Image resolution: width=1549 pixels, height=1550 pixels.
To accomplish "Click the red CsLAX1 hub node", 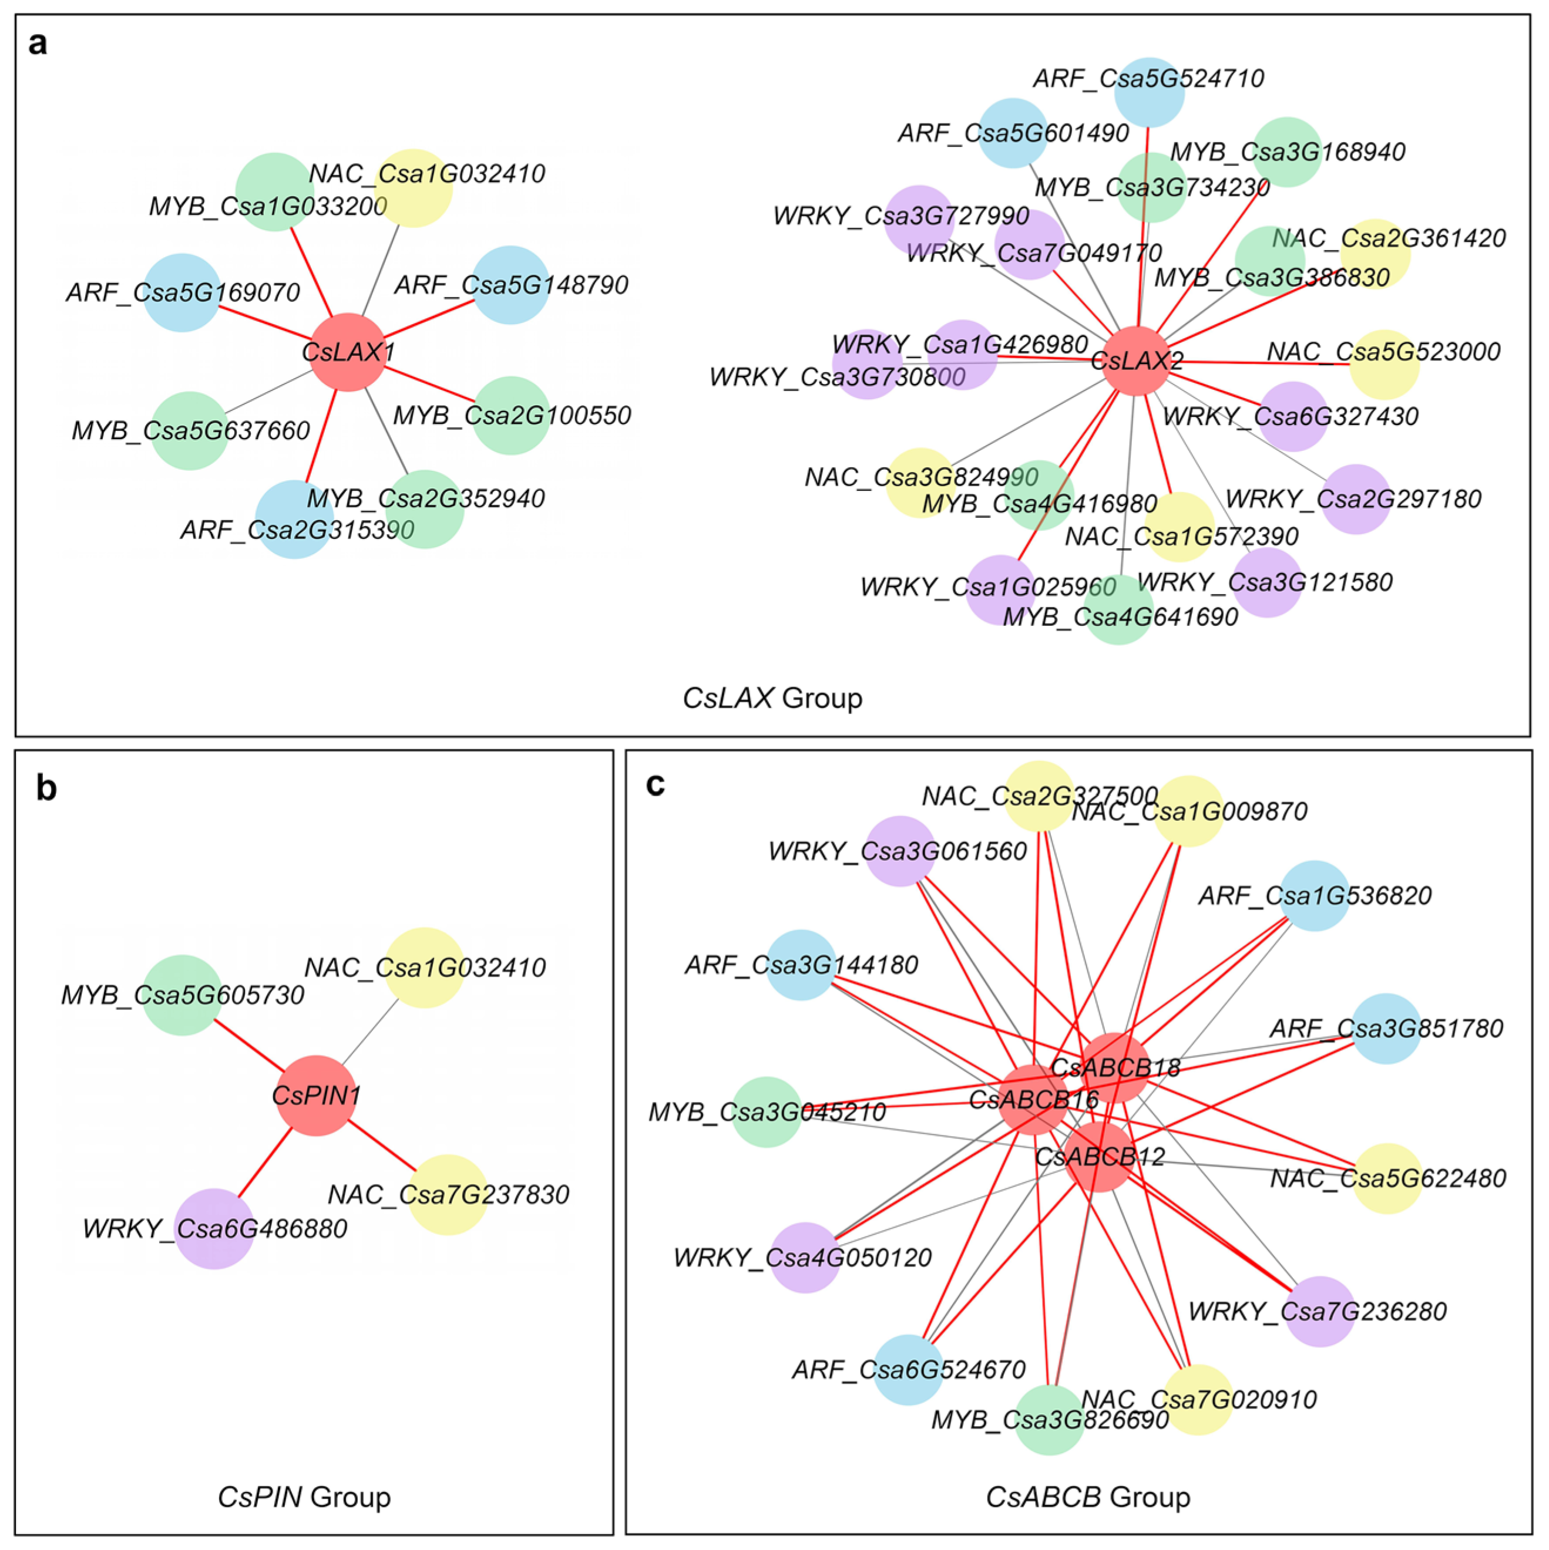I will point(348,352).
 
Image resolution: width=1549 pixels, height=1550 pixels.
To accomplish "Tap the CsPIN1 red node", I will point(315,1095).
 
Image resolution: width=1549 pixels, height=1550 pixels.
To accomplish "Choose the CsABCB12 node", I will point(1100,1156).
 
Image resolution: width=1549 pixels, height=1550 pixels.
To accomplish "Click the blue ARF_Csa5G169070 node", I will point(182,292).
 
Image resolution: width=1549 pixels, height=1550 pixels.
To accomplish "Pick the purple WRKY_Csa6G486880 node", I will point(214,1228).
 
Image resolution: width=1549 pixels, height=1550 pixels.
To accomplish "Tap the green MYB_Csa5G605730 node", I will point(182,995).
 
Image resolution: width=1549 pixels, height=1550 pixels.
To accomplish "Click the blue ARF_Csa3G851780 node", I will point(1386,1029).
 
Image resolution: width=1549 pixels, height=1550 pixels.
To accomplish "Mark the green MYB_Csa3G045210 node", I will point(767,1112).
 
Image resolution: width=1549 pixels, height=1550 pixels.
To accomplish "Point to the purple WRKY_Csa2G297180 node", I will point(1356,499).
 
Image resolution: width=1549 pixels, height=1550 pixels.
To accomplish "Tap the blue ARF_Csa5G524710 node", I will point(1150,92).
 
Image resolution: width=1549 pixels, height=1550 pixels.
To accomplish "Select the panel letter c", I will point(655,784).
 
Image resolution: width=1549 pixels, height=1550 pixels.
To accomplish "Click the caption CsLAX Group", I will point(772,698).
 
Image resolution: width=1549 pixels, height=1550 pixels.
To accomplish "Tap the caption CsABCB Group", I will point(1087,1497).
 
